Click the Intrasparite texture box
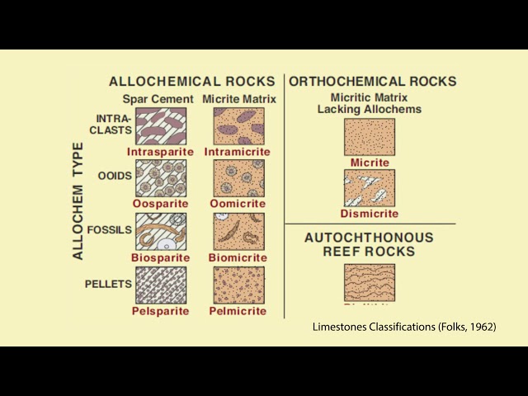coord(161,125)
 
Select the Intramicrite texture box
coord(239,125)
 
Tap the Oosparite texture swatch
coord(161,177)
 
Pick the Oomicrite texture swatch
coord(239,177)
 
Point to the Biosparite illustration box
coord(161,231)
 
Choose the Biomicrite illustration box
coord(239,231)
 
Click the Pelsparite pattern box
coord(161,285)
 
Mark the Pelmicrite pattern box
coord(239,285)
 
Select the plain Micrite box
coord(369,136)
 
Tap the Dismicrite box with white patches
coord(369,187)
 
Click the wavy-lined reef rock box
coord(369,282)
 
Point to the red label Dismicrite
coord(370,214)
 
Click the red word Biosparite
coord(160,257)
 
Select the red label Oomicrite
coord(238,204)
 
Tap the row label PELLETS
coord(109,284)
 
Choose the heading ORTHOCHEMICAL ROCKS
coord(373,82)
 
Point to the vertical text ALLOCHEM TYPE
coord(78,200)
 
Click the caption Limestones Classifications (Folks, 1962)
coord(403,328)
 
